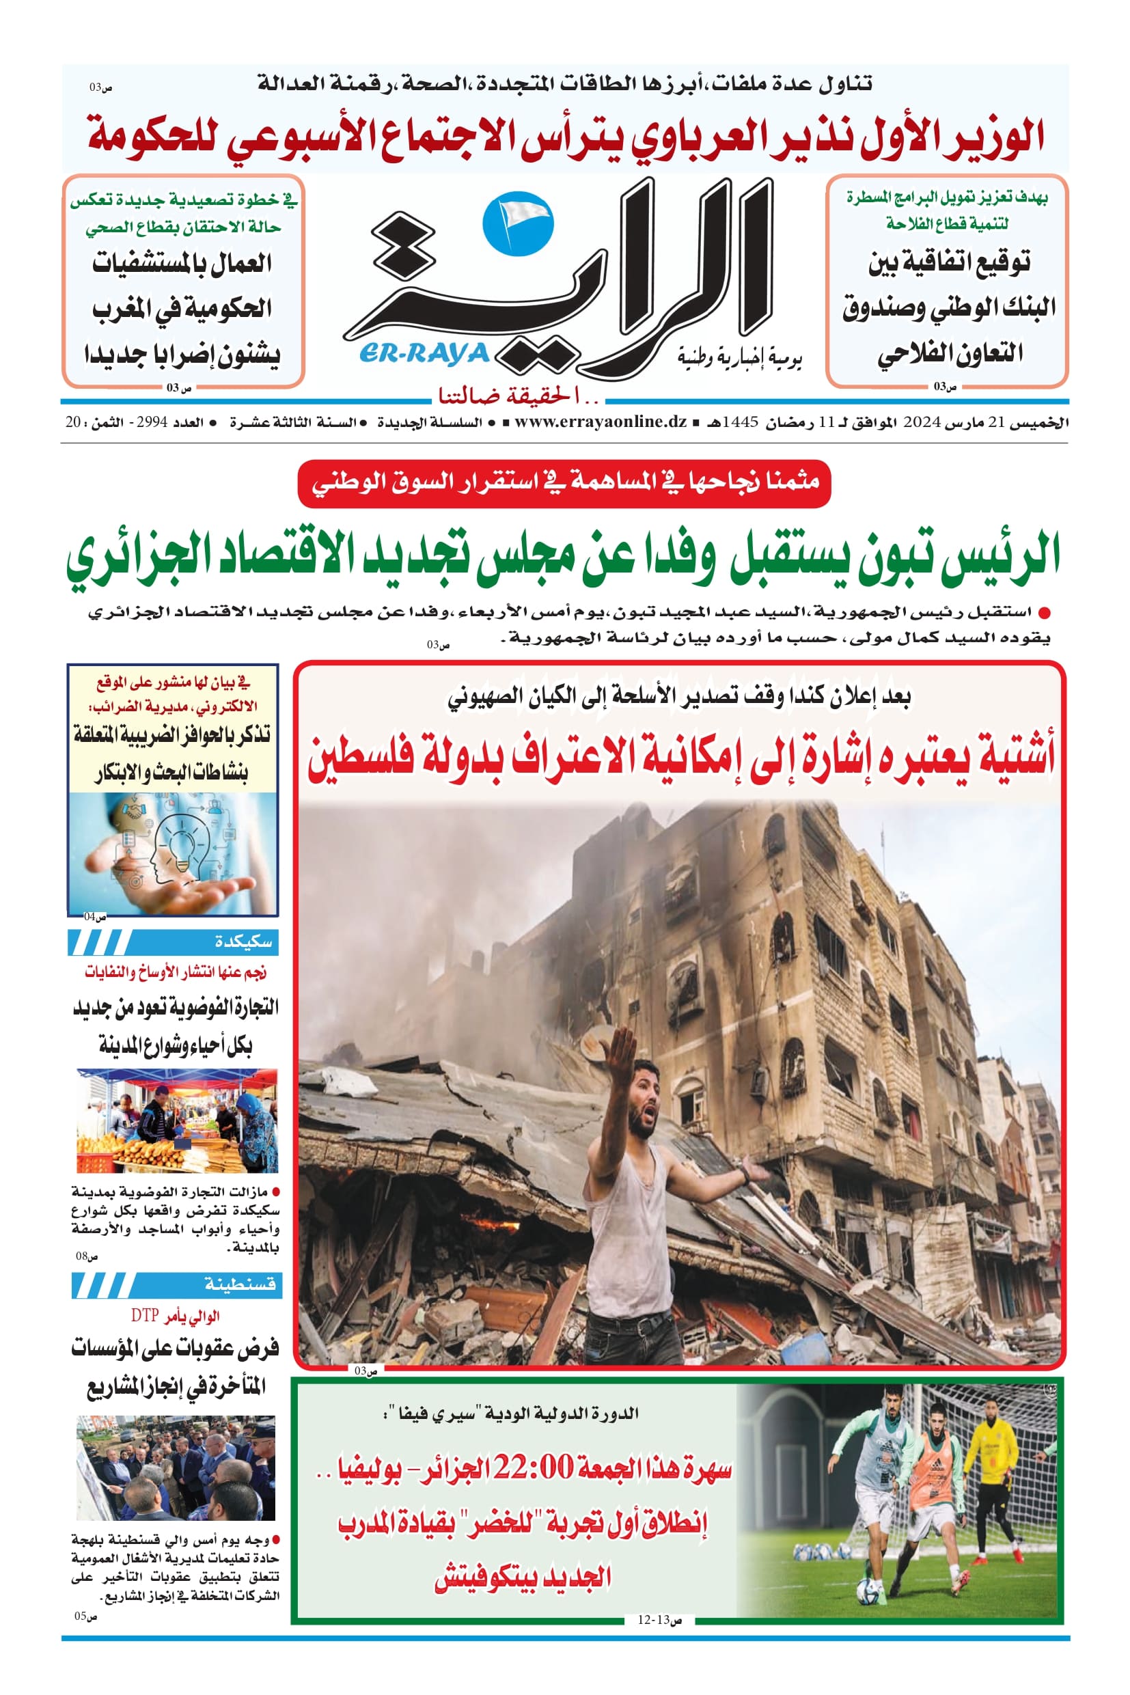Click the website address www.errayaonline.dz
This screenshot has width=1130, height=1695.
(601, 422)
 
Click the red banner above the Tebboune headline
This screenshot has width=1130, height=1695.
(564, 482)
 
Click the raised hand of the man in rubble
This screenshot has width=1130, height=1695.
(621, 1049)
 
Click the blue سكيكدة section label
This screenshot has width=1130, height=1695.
(244, 942)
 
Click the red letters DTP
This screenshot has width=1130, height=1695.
(144, 1316)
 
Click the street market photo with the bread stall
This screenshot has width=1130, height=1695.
(176, 1120)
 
